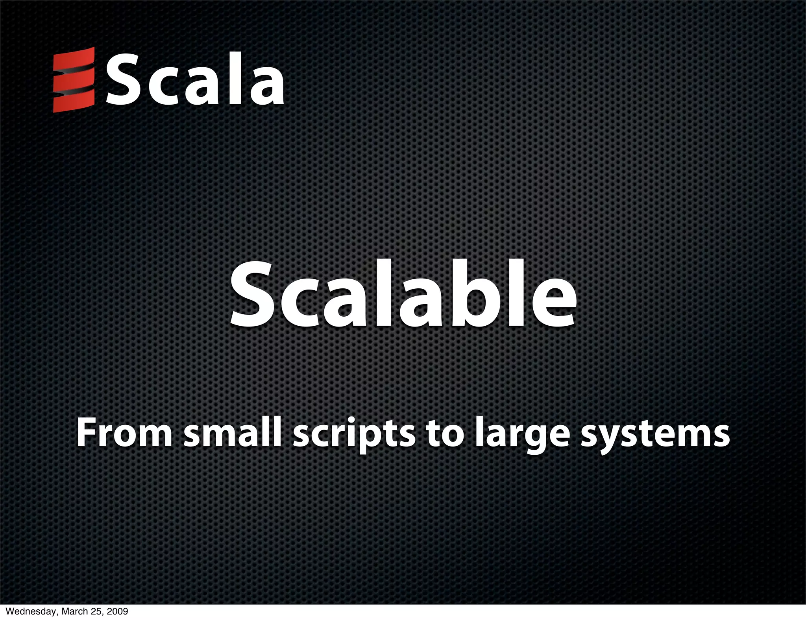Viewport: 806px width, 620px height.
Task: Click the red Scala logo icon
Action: tap(74, 79)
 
